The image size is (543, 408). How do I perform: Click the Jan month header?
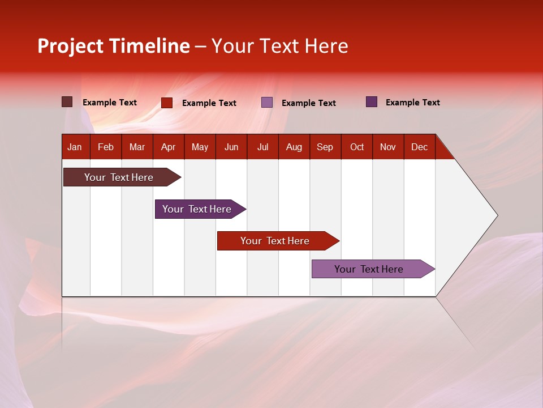[75, 147]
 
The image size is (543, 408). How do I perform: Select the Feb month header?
[106, 147]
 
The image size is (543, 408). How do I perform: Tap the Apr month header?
[168, 147]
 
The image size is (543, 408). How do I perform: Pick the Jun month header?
[231, 147]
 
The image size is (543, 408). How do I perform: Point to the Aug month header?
[294, 147]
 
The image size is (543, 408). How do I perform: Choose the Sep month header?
[325, 147]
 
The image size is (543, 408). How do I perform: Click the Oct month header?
[357, 147]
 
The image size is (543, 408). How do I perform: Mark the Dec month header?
[419, 147]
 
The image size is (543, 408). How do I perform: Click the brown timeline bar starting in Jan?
[119, 177]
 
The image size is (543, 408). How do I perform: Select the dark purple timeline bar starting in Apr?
[197, 209]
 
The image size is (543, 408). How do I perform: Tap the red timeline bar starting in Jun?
[275, 241]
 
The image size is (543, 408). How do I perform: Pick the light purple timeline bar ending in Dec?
[369, 269]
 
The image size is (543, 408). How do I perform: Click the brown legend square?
[67, 102]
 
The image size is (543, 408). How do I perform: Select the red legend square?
[166, 103]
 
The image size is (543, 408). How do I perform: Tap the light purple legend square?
[267, 103]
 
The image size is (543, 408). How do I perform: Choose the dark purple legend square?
[371, 102]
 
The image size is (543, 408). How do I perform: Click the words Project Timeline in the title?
[114, 46]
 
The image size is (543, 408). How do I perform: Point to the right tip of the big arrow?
[497, 215]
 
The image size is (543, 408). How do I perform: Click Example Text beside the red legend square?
[209, 103]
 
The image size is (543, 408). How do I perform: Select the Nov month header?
[387, 147]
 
